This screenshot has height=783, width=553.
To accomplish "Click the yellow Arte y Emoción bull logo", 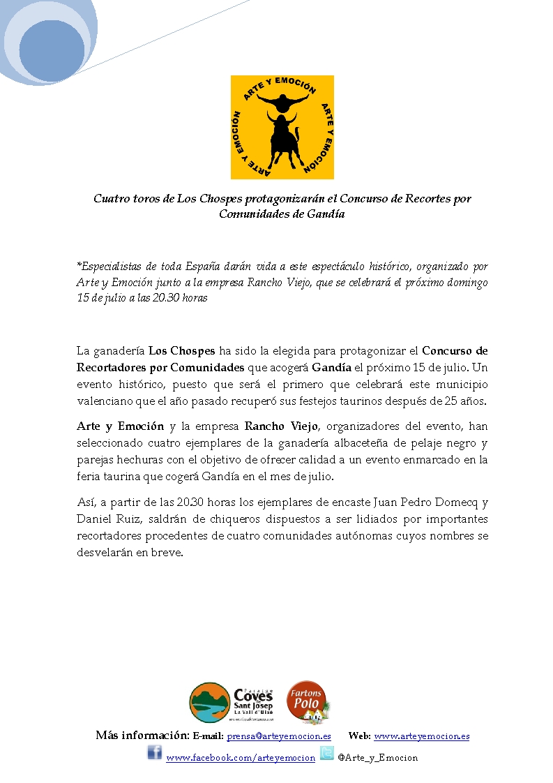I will coord(282,127).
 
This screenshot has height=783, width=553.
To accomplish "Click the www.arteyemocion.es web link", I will coord(421,736).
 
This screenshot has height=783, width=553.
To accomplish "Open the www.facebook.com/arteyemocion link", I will coord(240,758).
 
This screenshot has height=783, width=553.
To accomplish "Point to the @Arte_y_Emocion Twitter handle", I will coord(377,758).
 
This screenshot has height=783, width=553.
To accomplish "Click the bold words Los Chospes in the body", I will coord(181,350).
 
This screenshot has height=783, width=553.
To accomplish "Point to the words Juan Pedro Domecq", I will coord(428,502).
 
